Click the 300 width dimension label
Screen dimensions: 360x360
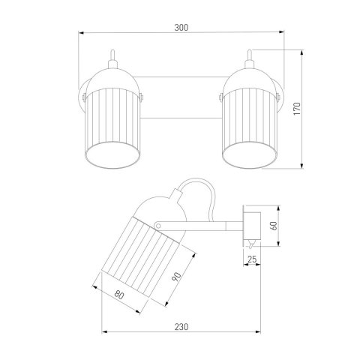click(181, 28)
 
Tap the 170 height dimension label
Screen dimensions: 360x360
click(297, 109)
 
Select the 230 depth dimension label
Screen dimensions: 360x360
click(181, 327)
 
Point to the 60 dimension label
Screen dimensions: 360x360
click(274, 226)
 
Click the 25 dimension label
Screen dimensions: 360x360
click(252, 259)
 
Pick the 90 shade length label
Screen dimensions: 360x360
click(176, 277)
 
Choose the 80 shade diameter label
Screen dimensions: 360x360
click(119, 295)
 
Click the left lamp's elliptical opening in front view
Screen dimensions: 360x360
click(112, 154)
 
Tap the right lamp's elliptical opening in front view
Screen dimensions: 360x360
click(250, 154)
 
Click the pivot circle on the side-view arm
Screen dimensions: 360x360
click(157, 226)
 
